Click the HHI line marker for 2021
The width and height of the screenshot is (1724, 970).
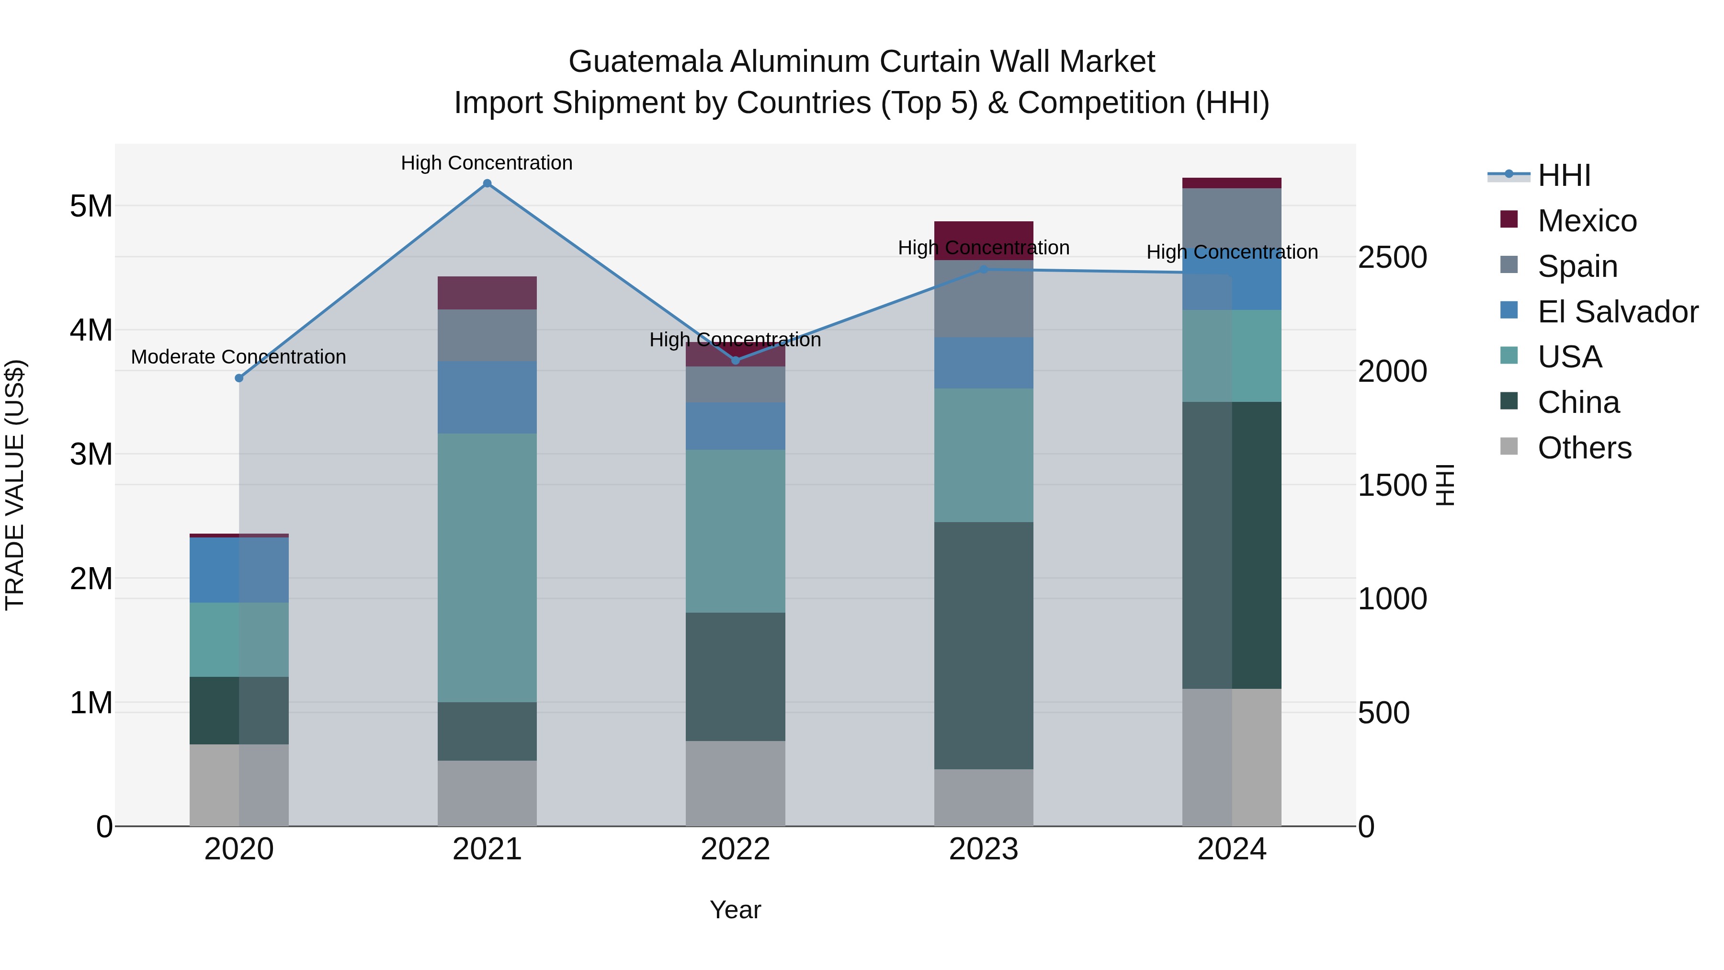pyautogui.click(x=487, y=183)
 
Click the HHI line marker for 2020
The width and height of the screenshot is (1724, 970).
pyautogui.click(x=239, y=378)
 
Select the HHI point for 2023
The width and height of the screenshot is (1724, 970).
pyautogui.click(x=984, y=270)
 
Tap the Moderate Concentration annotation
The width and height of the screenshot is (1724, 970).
pyautogui.click(x=238, y=357)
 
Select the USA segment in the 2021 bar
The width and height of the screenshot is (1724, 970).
pyautogui.click(x=487, y=568)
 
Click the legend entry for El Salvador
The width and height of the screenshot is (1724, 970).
pyautogui.click(x=1618, y=312)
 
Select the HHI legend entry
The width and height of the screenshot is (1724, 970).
pyautogui.click(x=1564, y=175)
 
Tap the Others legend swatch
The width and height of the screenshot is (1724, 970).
pyautogui.click(x=1509, y=446)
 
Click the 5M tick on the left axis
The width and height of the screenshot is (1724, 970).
pyautogui.click(x=91, y=206)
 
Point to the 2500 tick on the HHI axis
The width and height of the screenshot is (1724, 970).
pyautogui.click(x=1392, y=258)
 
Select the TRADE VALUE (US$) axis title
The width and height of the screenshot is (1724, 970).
pyautogui.click(x=15, y=485)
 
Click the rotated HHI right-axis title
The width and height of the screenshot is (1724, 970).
pyautogui.click(x=1446, y=485)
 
